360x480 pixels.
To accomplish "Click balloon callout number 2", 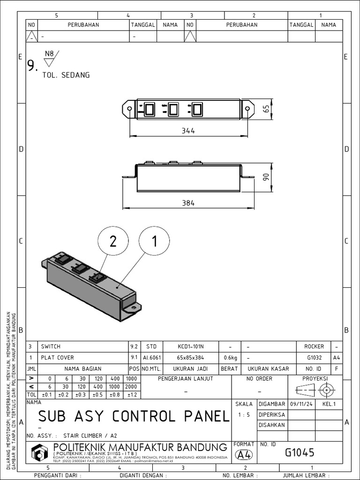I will coord(112,241).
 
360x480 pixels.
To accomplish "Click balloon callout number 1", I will coord(154,241).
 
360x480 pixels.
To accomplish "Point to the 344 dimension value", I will coord(188,131).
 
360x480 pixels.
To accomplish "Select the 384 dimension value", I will coord(188,203).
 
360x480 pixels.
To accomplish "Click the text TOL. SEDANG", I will coord(66,75).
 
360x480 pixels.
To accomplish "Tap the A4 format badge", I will coord(243,454).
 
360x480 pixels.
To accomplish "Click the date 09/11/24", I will coord(300,404).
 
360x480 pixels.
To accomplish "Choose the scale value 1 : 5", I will coord(244,414).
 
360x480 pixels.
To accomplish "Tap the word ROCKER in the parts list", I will coord(314,347).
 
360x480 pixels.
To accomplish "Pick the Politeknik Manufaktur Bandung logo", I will coord(41,453).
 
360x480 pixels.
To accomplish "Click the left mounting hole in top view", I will coord(130,109).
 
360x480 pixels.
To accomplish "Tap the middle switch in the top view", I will coord(173,109).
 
